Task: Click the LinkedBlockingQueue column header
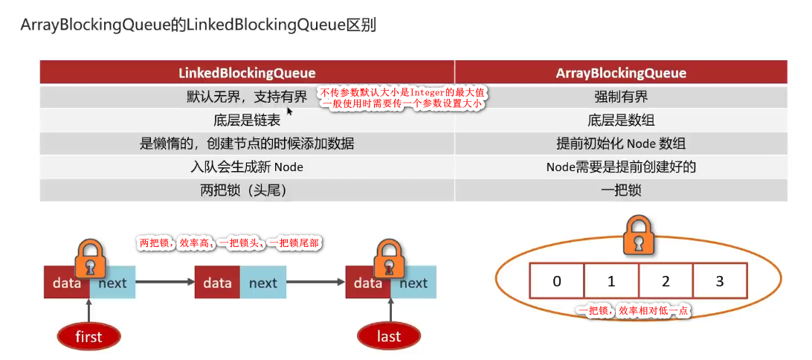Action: point(247,73)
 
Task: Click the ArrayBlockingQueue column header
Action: point(621,73)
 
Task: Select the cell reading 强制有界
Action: point(621,97)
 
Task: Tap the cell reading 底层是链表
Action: point(247,120)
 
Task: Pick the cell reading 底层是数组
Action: point(621,120)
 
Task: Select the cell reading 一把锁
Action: point(621,190)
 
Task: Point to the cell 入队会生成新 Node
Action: point(247,167)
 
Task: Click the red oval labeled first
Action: point(88,336)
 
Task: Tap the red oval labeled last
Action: point(389,336)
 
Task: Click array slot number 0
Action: point(557,282)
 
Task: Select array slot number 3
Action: point(719,282)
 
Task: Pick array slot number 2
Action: point(666,282)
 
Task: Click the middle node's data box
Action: point(217,283)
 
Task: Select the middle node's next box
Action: point(262,283)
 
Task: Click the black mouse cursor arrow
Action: point(290,111)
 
